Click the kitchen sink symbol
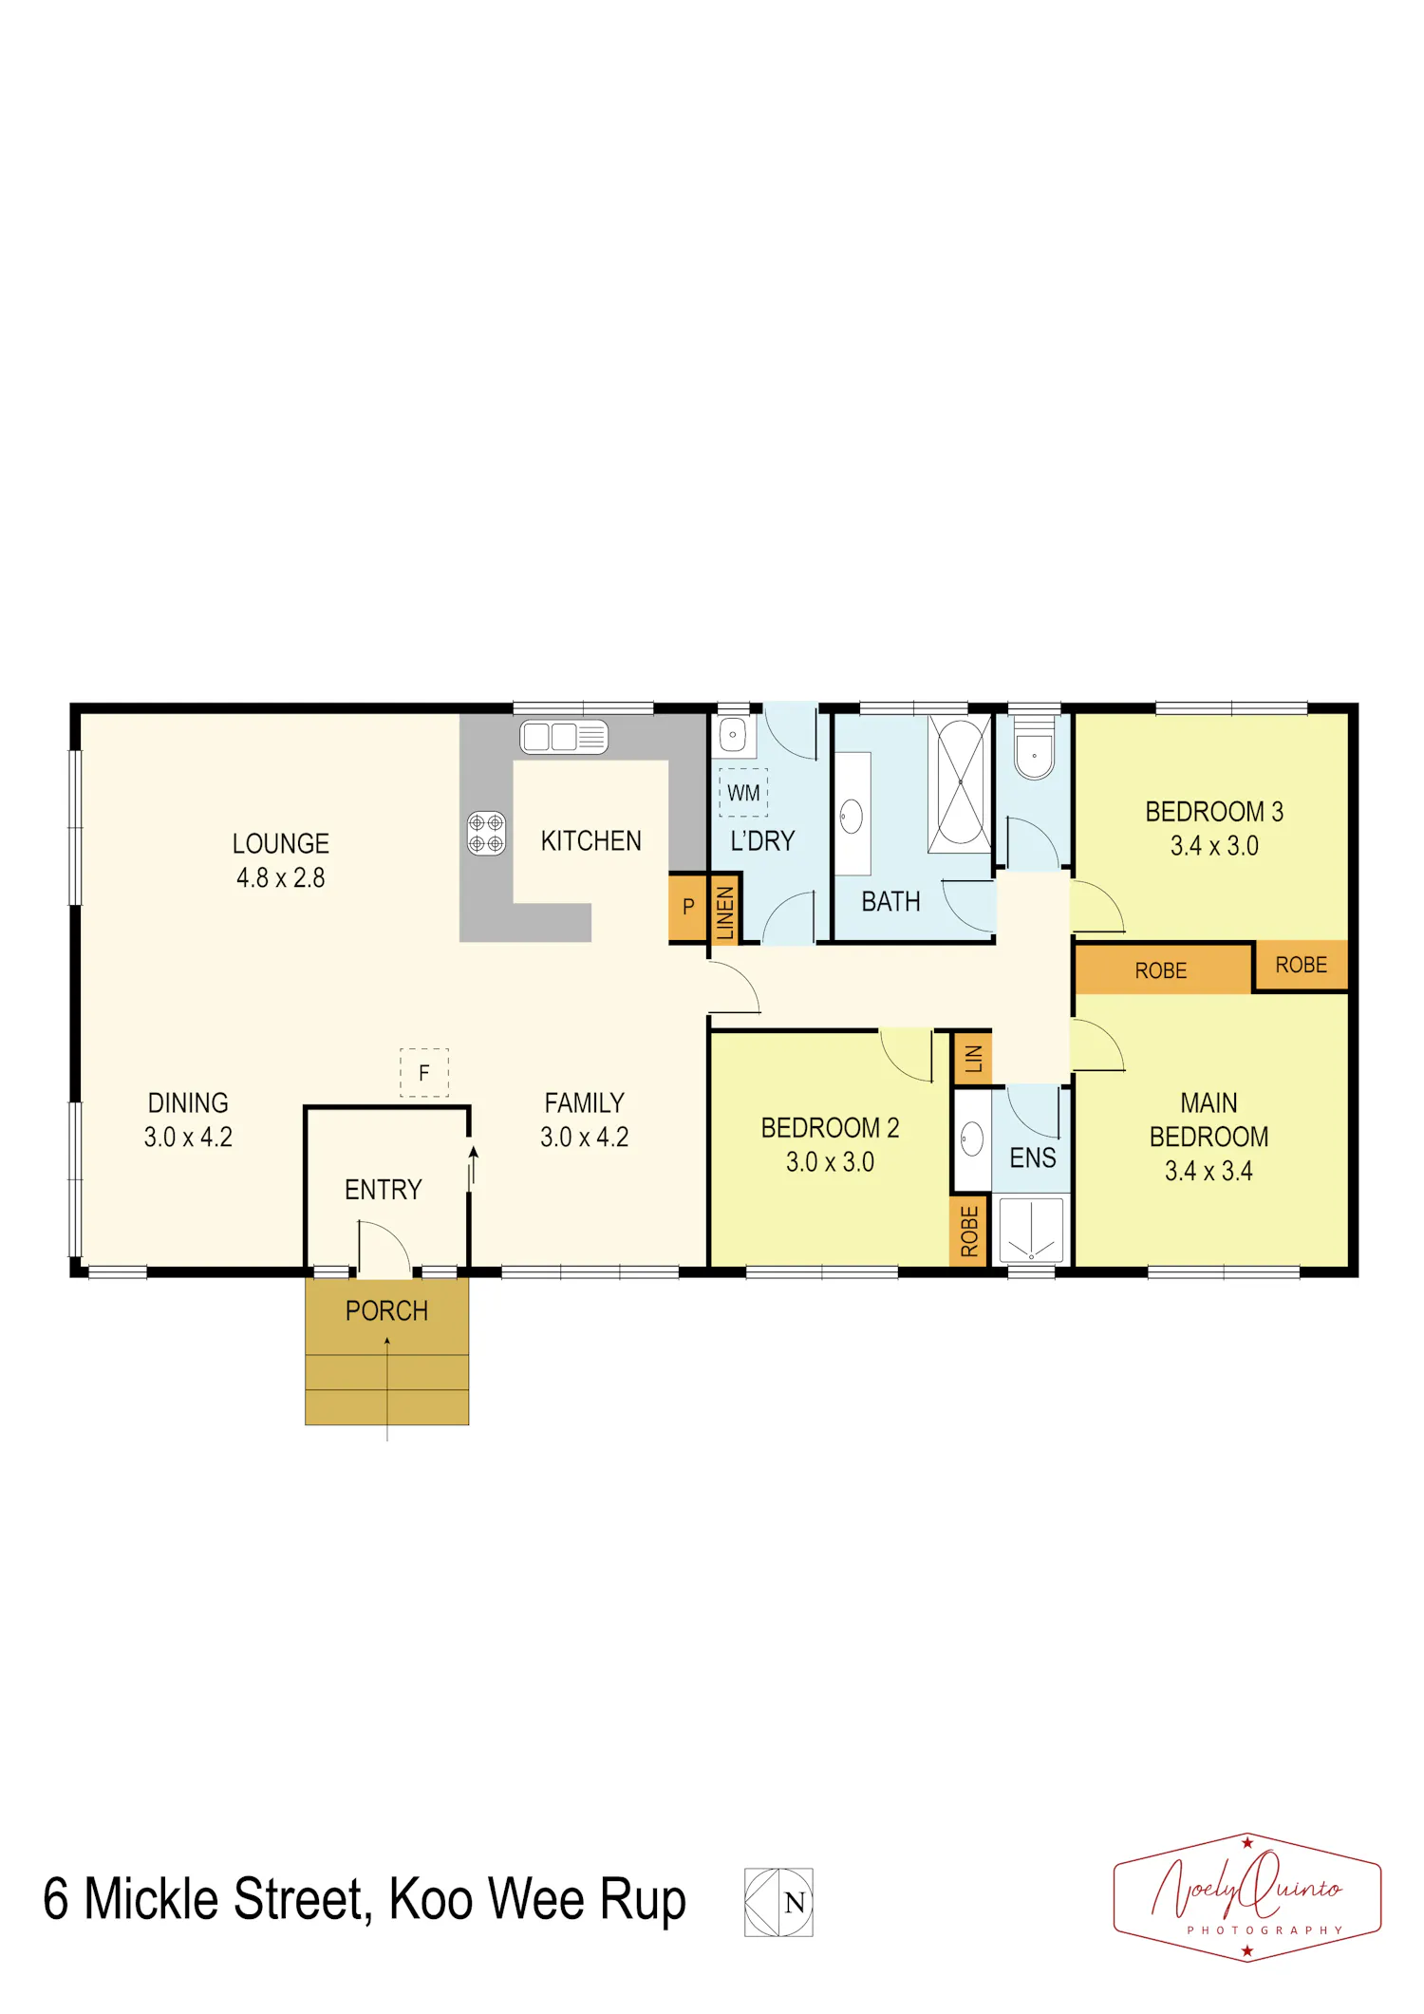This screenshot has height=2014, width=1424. pos(563,737)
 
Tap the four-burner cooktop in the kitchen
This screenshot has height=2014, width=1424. pos(486,834)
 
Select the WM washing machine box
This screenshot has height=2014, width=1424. pos(743,793)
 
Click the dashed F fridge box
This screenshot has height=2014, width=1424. pos(424,1073)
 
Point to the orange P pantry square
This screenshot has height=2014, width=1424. pos(688,907)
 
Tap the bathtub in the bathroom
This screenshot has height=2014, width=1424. pos(960,783)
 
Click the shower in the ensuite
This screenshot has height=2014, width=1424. pos(1031,1230)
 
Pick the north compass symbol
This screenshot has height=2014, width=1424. pos(778,1902)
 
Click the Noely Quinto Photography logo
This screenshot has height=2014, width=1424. pos(1247,1896)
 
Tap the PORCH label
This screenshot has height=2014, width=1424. pos(386,1311)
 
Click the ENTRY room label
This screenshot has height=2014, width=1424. pos(384,1190)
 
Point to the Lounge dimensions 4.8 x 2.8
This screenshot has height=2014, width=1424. pos(281,877)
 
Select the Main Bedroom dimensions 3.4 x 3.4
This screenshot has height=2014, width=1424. pos(1209,1171)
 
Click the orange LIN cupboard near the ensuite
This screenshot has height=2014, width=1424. pos(973,1058)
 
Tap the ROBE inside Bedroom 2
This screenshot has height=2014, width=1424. pos(969,1232)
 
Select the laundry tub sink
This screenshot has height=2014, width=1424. pos(734,736)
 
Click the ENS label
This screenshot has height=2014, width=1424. pos(1033,1158)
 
